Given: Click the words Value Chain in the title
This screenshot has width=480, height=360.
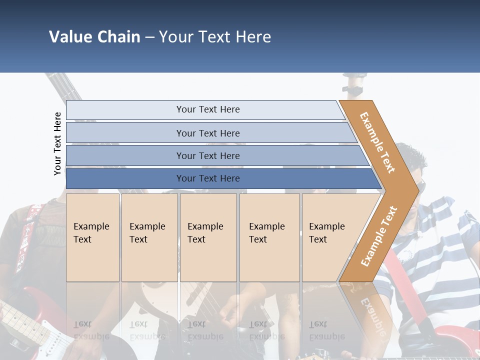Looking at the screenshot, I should coord(94,37).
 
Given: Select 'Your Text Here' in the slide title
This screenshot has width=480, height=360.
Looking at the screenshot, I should coord(215,37).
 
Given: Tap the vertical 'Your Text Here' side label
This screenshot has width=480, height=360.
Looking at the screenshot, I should coord(57,143).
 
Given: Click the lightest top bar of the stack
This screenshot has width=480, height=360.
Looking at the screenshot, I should coord(207,109).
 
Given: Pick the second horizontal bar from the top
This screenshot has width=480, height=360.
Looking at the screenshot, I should coord(207,133).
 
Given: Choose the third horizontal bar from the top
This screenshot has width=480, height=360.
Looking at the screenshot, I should coord(207,155).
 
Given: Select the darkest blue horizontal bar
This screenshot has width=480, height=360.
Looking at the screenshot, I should coord(207,178).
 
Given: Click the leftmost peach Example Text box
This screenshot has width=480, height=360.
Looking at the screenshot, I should coord(92,237).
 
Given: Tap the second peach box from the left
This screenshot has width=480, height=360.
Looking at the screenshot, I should coord(149,237).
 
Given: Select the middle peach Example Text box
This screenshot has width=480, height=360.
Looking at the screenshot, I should coord(208,237).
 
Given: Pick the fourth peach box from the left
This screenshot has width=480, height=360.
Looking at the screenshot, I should coord(269,237).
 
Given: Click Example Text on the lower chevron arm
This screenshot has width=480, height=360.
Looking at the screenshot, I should coord(378,236).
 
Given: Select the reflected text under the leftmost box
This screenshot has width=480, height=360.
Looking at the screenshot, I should coord(91,330).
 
